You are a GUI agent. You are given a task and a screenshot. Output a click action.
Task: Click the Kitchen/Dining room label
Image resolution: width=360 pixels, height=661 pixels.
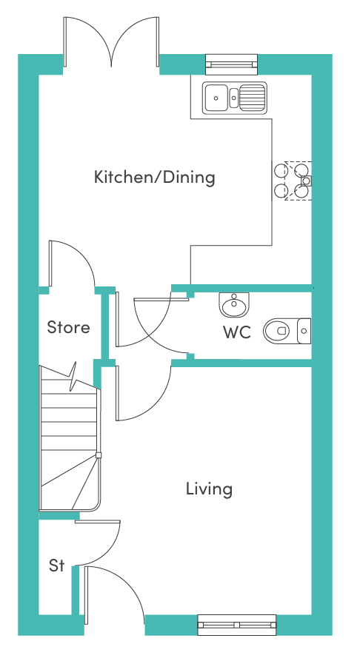154,177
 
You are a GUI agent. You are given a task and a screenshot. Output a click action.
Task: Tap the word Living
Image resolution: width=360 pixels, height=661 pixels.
210,489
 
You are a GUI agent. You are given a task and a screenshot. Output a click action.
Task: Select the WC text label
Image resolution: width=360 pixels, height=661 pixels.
237,332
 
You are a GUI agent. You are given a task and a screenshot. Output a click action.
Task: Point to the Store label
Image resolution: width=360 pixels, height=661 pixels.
68,327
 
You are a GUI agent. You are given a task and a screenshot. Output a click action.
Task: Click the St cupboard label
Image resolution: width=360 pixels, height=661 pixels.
57,566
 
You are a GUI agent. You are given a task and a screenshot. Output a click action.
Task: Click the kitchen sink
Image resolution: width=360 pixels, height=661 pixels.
235,98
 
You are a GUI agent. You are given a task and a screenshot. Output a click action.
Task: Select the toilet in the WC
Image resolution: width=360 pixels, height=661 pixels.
287,331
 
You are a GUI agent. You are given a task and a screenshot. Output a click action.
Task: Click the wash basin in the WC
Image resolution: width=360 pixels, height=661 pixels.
234,305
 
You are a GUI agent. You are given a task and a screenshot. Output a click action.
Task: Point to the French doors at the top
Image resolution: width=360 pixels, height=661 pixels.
111,42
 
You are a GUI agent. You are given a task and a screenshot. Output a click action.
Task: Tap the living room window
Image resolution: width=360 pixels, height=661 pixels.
237,625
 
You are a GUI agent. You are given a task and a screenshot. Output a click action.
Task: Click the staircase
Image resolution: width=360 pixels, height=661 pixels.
70,438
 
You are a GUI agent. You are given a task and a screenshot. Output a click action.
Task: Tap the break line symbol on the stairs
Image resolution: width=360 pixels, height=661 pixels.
73,377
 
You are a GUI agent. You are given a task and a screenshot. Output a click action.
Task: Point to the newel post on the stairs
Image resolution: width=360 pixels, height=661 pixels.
99,455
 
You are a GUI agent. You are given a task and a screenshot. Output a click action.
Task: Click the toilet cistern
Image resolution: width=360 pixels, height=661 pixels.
304,331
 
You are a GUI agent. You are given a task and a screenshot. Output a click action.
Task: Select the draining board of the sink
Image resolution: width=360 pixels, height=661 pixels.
253,98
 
